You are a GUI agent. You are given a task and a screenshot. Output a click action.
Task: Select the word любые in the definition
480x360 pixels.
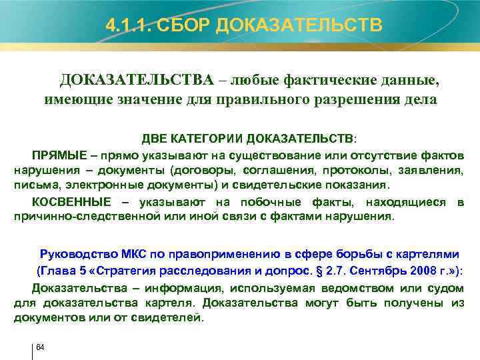click(x=255, y=81)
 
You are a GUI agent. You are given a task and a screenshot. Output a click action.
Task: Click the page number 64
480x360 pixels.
click(x=39, y=347)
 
